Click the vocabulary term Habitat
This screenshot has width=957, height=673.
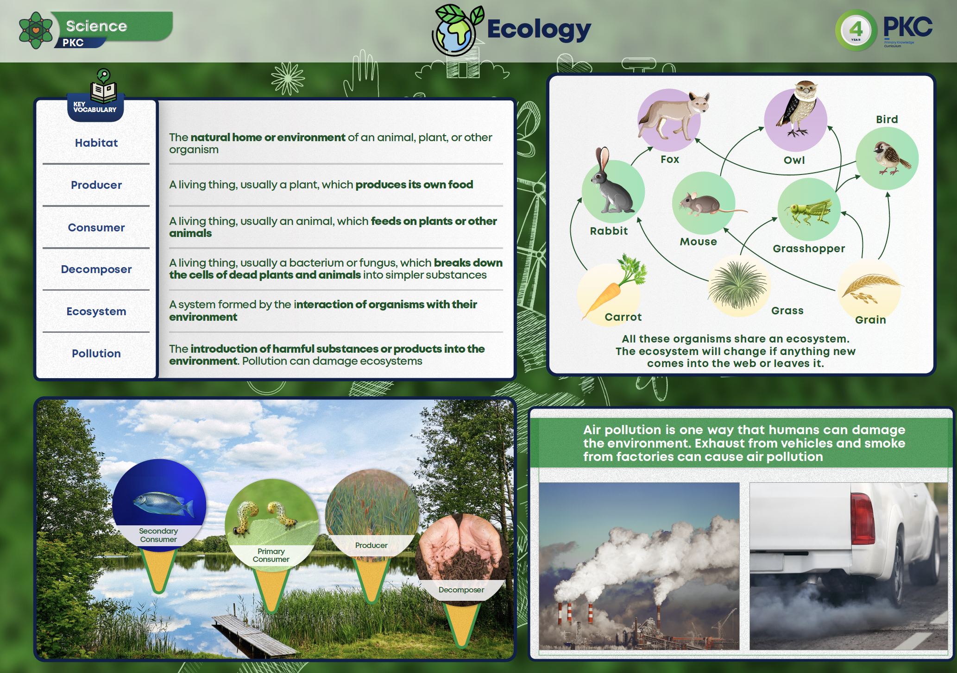coord(96,143)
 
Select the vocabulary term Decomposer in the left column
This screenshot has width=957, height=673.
coord(96,269)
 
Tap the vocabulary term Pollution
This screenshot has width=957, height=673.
coord(96,354)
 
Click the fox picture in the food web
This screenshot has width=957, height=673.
coord(674,116)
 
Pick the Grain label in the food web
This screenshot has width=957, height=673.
coord(870,320)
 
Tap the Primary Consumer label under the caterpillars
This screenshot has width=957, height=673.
coord(271,555)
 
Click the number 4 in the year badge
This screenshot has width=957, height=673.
coord(856,29)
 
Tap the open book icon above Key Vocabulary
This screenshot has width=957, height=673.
coord(103,91)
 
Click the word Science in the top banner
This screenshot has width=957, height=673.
coord(96,26)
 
